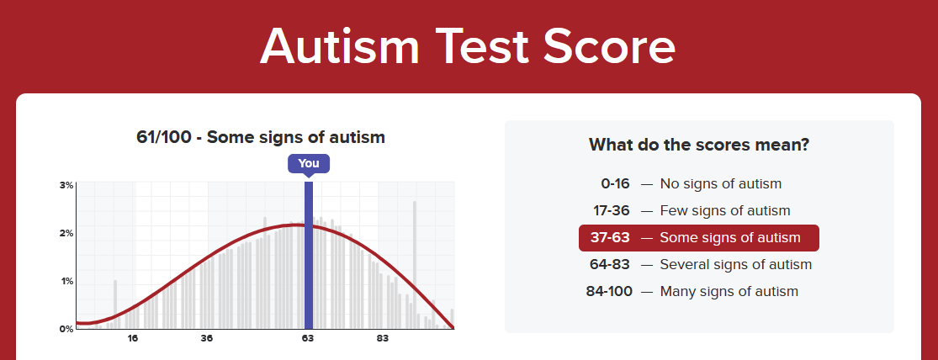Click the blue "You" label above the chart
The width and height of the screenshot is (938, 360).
click(308, 164)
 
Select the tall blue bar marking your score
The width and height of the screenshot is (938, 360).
click(308, 256)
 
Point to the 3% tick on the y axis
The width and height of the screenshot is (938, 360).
click(66, 185)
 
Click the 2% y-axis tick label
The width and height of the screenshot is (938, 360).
click(66, 233)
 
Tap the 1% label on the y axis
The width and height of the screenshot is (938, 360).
click(66, 281)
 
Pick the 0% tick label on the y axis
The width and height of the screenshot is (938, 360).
click(66, 328)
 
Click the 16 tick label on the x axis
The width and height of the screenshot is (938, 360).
click(133, 338)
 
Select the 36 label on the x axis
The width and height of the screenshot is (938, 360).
click(206, 338)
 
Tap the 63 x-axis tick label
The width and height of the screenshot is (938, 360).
click(308, 338)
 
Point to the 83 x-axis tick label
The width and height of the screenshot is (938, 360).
click(382, 338)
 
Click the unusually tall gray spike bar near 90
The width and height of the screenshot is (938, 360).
click(415, 265)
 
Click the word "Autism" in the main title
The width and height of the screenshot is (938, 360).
click(340, 46)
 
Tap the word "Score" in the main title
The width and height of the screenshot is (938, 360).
click(611, 46)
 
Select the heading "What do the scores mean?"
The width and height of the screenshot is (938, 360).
click(699, 145)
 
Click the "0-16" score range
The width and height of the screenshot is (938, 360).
click(616, 183)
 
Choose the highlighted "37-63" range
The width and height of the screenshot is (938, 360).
click(610, 238)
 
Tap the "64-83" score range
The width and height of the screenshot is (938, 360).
click(611, 264)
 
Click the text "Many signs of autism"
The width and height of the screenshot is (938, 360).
click(729, 292)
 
